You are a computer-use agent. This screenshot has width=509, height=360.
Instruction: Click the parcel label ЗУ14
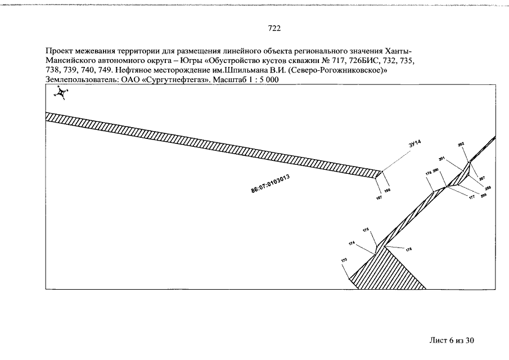415,146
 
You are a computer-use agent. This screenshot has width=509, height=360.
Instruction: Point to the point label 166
387,191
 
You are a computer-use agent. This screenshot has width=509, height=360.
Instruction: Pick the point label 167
379,198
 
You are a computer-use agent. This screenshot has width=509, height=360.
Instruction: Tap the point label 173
344,260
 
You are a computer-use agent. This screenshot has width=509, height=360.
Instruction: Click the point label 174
352,244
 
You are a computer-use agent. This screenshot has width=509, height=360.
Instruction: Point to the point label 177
472,197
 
